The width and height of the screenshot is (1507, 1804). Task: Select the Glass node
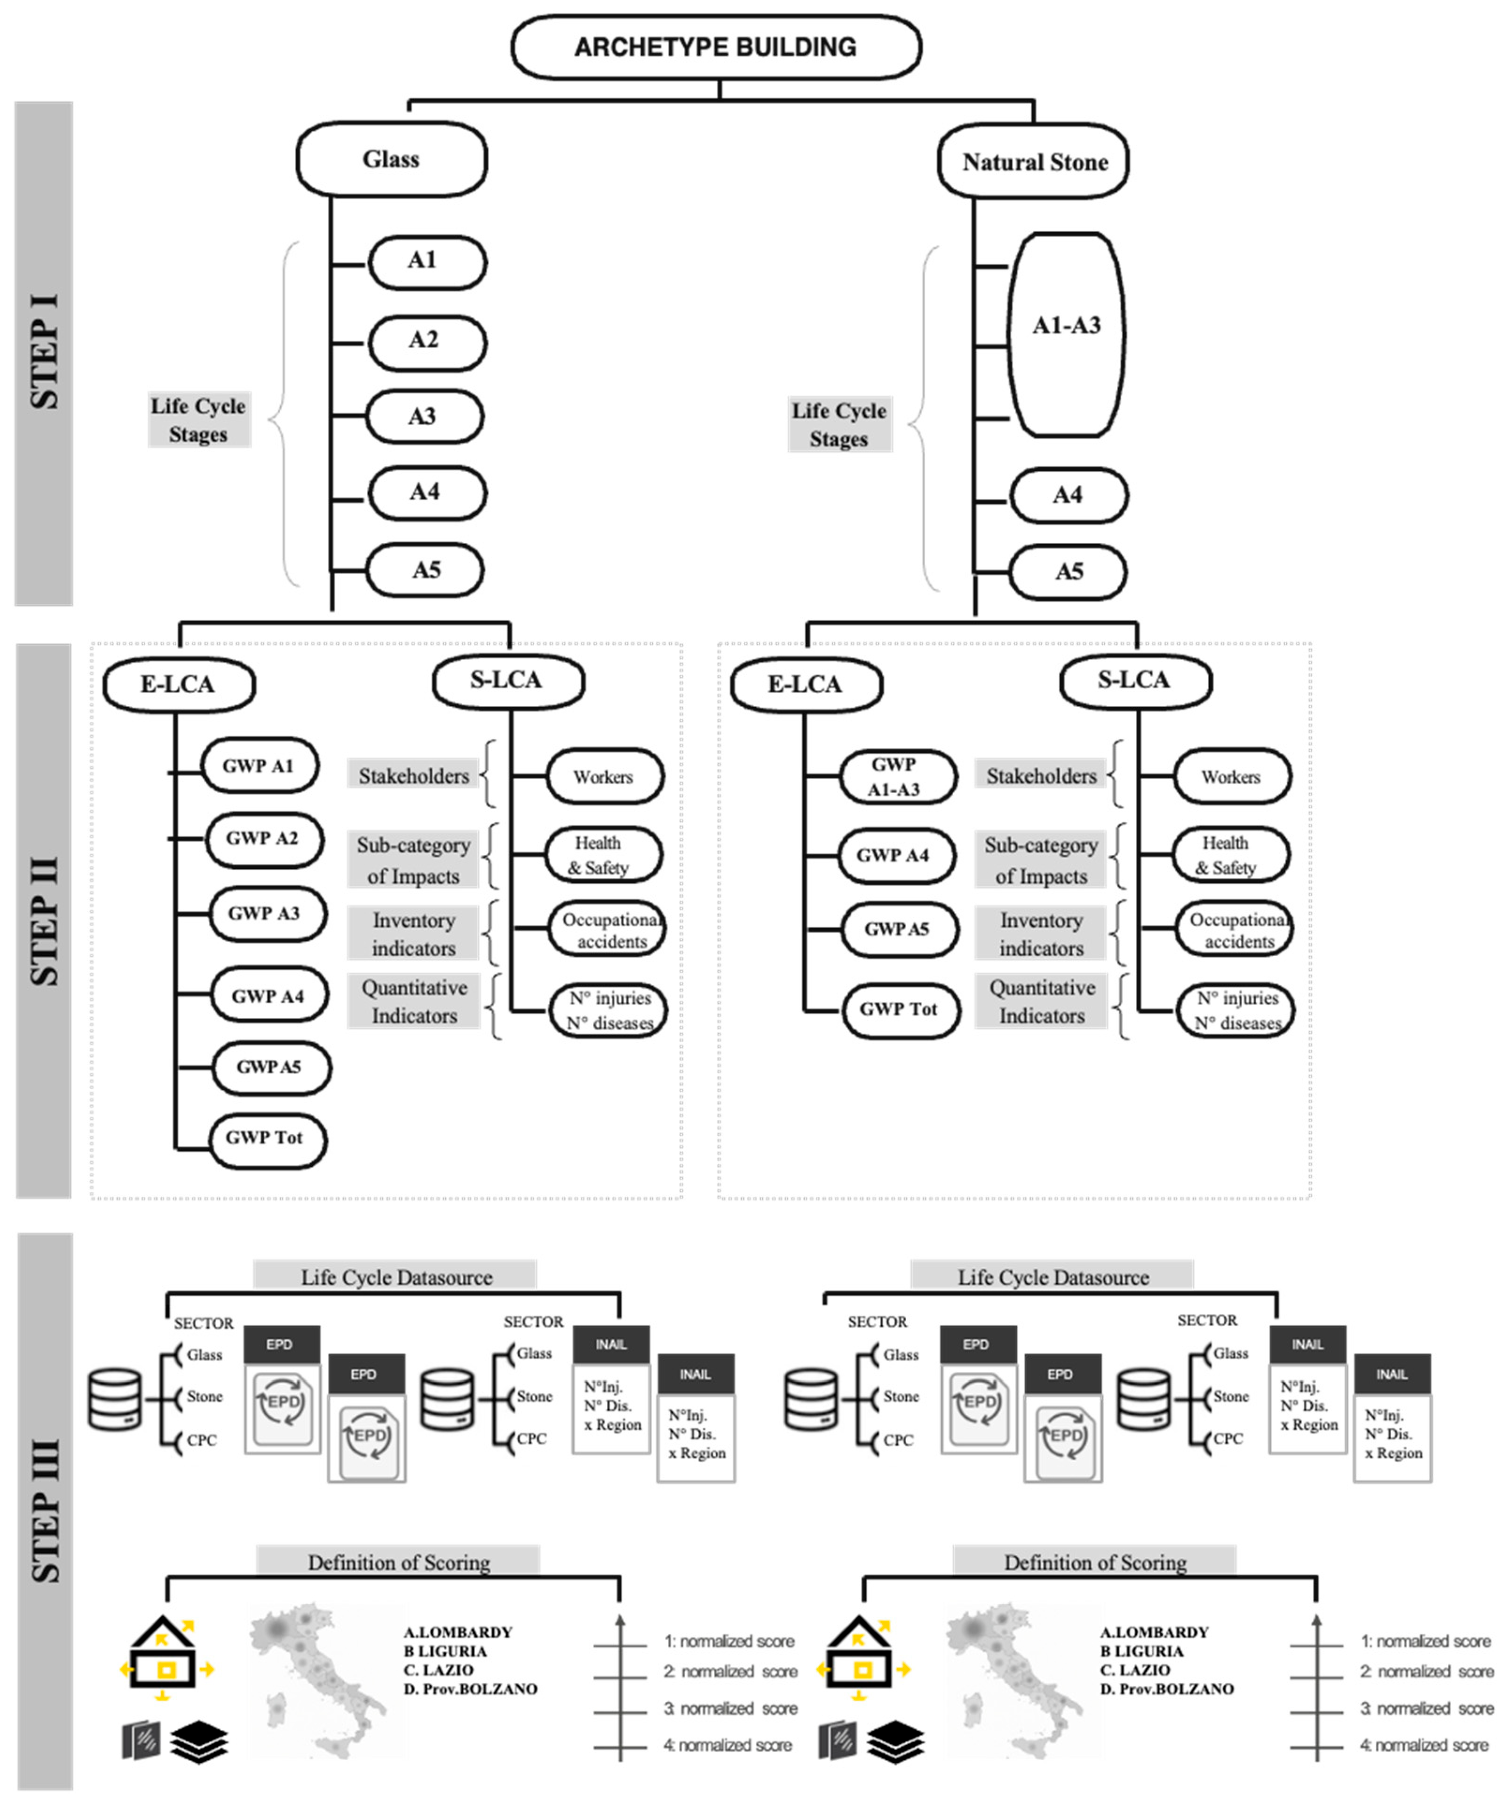pos(391,160)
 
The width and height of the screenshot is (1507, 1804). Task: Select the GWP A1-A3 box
pos(897,777)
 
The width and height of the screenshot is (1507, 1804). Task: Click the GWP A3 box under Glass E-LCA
pos(267,913)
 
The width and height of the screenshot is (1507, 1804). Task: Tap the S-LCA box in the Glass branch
pos(508,681)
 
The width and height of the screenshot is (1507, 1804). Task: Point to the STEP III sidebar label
pos(45,1512)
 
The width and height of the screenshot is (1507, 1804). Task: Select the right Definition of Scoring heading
pos(1095,1562)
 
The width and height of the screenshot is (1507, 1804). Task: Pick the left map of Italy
pos(318,1679)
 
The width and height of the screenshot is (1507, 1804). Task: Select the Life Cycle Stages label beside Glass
pos(198,420)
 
